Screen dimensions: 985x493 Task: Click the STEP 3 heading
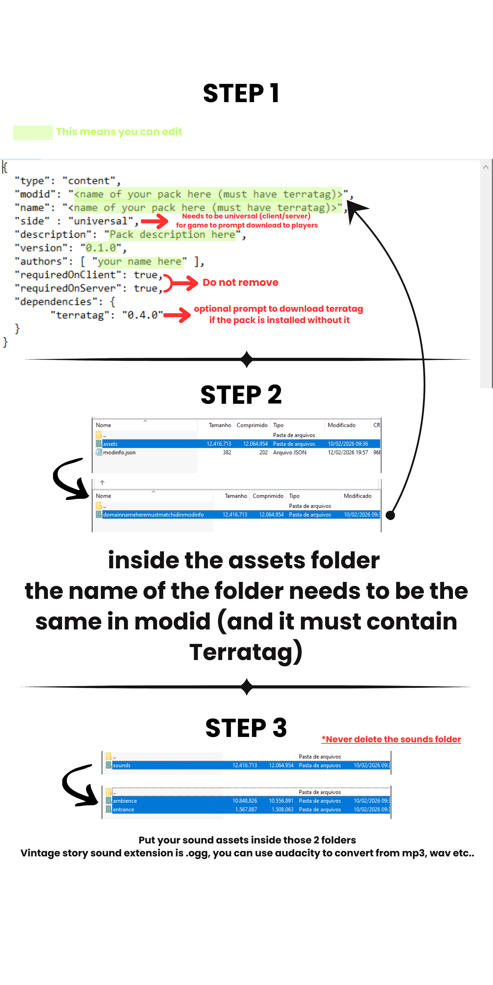246,728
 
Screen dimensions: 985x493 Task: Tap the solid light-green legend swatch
33,132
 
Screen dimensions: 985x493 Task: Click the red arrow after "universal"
155,221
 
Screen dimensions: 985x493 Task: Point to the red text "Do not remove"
240,282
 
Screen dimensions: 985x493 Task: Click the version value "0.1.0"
101,248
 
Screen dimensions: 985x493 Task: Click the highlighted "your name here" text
139,262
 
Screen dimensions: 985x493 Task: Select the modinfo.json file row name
119,452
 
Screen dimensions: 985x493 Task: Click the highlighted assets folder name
110,443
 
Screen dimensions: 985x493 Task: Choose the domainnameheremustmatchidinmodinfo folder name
153,515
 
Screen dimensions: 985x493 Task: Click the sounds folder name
122,765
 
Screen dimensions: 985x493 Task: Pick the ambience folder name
125,801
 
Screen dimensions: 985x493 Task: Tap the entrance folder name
123,809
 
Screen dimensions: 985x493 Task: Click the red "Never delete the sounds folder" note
391,739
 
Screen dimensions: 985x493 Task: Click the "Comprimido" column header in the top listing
252,425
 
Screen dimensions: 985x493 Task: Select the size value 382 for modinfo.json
227,452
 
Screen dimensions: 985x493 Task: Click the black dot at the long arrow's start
390,515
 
